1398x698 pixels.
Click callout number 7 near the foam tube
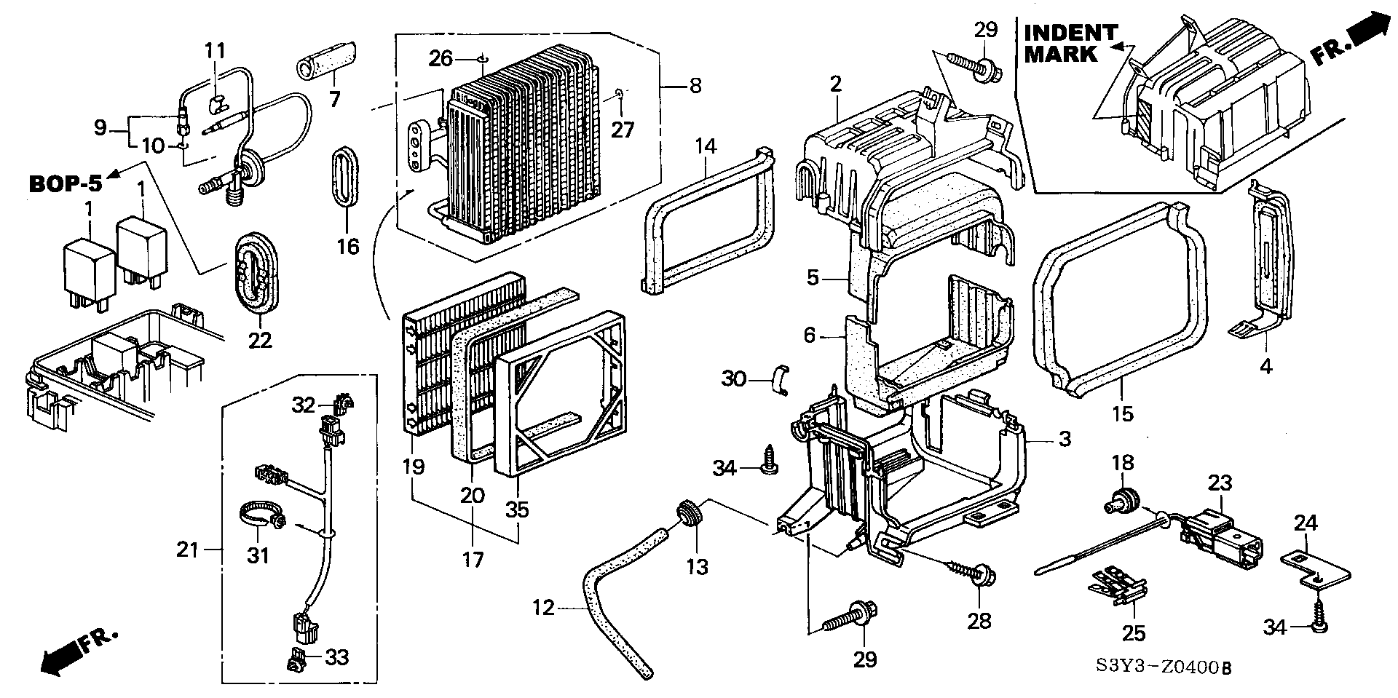(x=334, y=99)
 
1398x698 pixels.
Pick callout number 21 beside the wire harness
(x=187, y=550)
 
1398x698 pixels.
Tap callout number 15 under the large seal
(x=1123, y=413)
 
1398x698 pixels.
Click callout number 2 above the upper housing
(x=834, y=84)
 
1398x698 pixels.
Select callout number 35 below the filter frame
(x=517, y=510)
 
